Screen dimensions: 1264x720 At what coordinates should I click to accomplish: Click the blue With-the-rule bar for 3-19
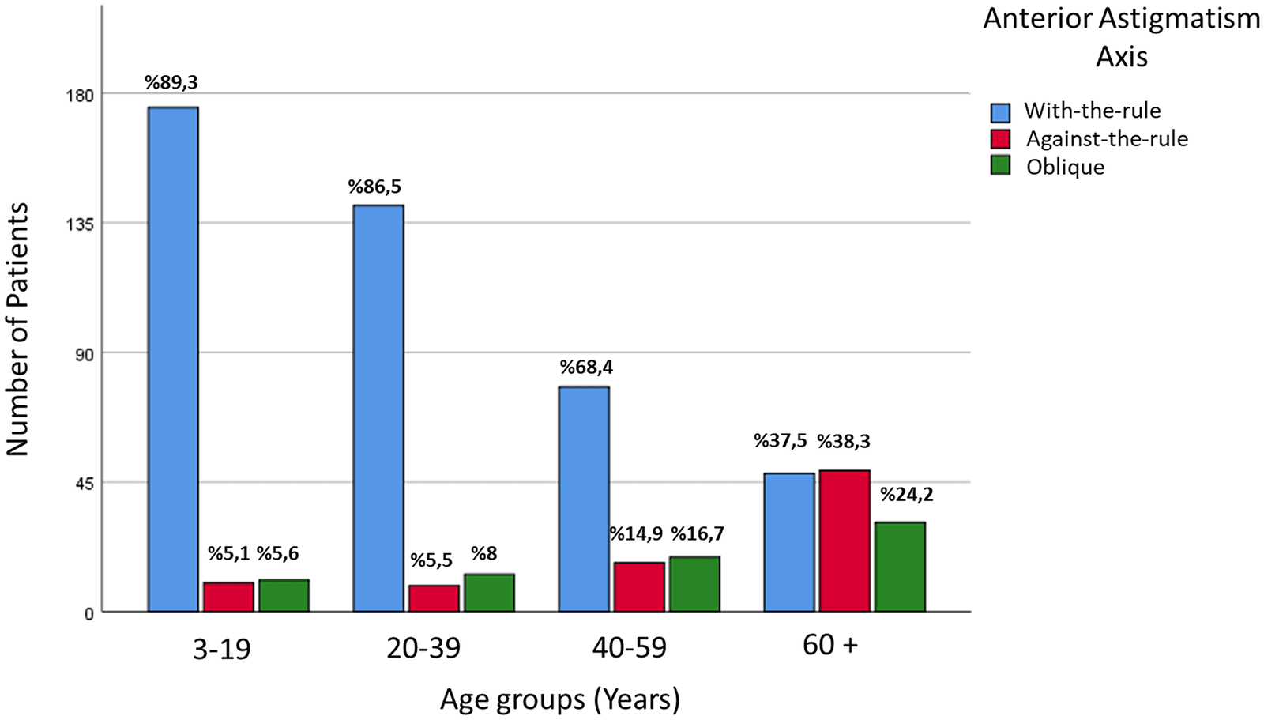(x=173, y=359)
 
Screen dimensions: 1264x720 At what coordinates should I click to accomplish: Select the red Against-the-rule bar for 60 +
(x=845, y=541)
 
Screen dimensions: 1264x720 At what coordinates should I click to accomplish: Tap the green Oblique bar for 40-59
(x=694, y=584)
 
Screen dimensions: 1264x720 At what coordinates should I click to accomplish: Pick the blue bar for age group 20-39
(x=378, y=409)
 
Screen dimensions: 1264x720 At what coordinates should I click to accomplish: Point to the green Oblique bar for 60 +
(x=900, y=567)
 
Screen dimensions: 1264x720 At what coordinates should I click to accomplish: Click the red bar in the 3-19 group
(x=228, y=597)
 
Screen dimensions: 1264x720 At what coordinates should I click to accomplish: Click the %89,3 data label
(x=171, y=83)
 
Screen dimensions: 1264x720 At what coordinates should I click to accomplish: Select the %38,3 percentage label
(x=844, y=441)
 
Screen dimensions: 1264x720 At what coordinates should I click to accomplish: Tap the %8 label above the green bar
(x=484, y=553)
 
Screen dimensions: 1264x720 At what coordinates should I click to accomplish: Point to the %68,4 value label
(x=586, y=368)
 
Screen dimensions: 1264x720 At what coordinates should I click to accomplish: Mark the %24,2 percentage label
(x=907, y=495)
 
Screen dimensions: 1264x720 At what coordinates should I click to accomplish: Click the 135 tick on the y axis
(x=81, y=224)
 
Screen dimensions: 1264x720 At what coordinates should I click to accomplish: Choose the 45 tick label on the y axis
(x=85, y=483)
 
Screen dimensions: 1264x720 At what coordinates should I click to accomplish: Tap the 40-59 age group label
(x=629, y=648)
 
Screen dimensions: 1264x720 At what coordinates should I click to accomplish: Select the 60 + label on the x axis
(x=830, y=646)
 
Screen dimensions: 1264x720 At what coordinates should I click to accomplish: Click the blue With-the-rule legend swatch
(x=1000, y=111)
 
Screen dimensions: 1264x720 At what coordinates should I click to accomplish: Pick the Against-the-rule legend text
(x=1107, y=139)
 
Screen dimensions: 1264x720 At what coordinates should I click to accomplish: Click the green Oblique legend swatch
(x=1000, y=165)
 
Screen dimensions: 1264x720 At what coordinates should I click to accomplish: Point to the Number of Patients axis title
(x=17, y=329)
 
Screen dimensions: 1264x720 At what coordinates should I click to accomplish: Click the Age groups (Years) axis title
(x=560, y=700)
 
